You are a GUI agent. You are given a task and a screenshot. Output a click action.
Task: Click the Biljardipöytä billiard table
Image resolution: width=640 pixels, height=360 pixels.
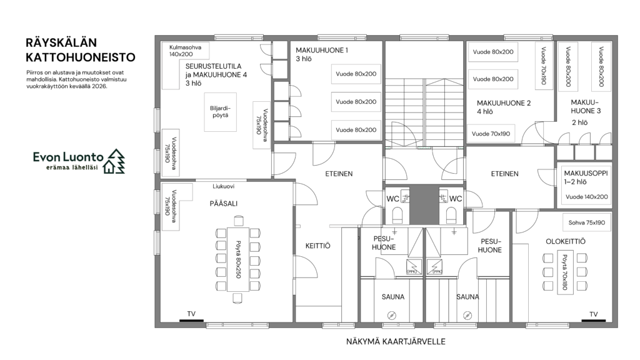tap(221, 112)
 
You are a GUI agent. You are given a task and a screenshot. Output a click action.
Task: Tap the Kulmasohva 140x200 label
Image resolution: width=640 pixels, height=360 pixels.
tap(185, 51)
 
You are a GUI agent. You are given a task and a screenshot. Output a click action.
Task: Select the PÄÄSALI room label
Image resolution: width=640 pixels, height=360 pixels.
tap(223, 204)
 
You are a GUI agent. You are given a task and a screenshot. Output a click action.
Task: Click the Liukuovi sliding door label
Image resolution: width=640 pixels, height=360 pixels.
tap(223, 186)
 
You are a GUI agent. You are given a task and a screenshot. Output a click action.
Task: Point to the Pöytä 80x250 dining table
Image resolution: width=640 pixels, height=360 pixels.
tap(237, 259)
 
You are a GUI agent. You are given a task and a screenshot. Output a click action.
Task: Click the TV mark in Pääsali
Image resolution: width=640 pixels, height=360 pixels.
tap(191, 321)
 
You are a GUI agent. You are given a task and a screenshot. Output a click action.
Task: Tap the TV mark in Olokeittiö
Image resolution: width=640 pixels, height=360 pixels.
tap(594, 321)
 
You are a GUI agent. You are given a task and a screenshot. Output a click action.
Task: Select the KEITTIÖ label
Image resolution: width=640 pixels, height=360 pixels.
tap(318, 246)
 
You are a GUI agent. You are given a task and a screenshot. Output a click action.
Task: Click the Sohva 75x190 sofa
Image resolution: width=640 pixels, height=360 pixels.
tap(586, 223)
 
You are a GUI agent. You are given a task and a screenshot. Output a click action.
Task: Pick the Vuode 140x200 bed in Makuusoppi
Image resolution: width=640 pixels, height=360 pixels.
tap(586, 197)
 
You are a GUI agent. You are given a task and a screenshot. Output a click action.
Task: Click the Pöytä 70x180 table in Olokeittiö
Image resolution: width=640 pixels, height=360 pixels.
tap(565, 272)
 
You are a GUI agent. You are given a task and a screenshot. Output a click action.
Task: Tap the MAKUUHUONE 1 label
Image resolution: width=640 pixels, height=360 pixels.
tap(322, 51)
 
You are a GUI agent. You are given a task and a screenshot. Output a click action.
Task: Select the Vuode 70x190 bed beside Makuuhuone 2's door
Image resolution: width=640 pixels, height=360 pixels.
tap(491, 134)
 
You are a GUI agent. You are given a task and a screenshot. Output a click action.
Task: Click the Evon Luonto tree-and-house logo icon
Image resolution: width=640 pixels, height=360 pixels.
tap(114, 161)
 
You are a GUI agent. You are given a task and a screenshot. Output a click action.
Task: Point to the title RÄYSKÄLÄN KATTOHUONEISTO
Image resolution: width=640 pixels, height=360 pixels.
tap(81, 50)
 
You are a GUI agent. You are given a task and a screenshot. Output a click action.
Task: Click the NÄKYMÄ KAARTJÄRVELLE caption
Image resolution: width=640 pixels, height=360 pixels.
tap(396, 342)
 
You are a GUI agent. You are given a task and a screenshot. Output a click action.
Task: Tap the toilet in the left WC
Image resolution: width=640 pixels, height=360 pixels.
tap(397, 215)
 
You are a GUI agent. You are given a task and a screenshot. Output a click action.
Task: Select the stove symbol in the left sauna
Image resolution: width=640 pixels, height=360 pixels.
tap(392, 315)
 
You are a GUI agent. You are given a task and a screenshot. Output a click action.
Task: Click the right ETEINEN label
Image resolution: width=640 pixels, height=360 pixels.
tap(504, 174)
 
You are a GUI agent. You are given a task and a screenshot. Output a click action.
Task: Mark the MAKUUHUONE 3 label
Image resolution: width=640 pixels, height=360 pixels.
tap(585, 106)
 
